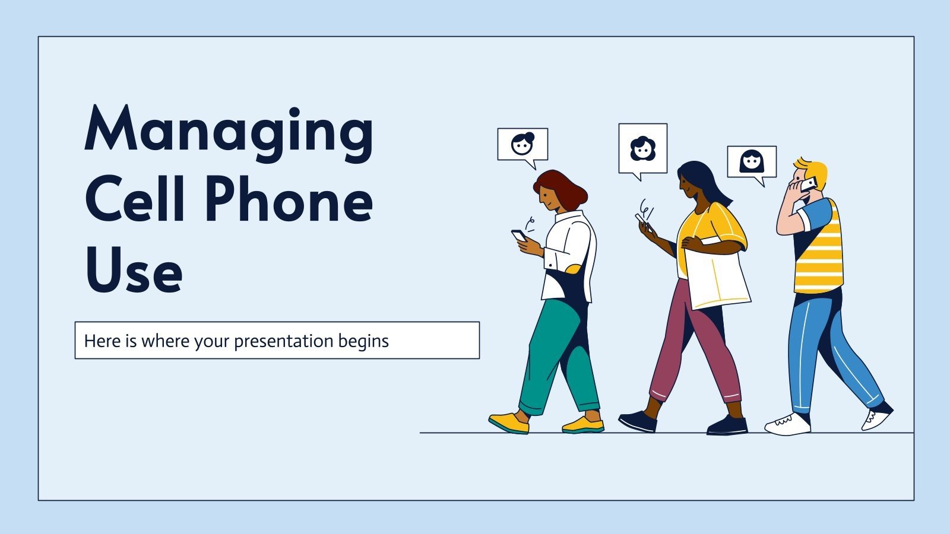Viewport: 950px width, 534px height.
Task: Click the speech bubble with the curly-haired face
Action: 642,148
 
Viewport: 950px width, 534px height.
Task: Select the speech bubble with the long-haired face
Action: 752,161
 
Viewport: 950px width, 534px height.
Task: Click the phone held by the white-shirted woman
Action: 519,236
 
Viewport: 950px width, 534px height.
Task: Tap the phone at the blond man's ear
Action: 809,185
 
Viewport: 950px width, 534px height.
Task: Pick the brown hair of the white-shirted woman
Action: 561,187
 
